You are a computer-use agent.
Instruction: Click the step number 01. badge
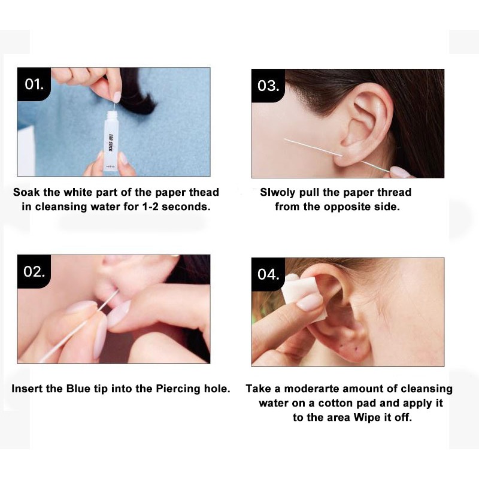(34, 84)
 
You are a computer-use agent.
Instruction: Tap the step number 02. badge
(34, 271)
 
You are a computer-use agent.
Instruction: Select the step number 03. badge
(268, 86)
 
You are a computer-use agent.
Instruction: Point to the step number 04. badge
(268, 274)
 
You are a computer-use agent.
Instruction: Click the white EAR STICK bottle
(111, 141)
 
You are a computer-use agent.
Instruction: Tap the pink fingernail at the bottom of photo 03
(401, 172)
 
